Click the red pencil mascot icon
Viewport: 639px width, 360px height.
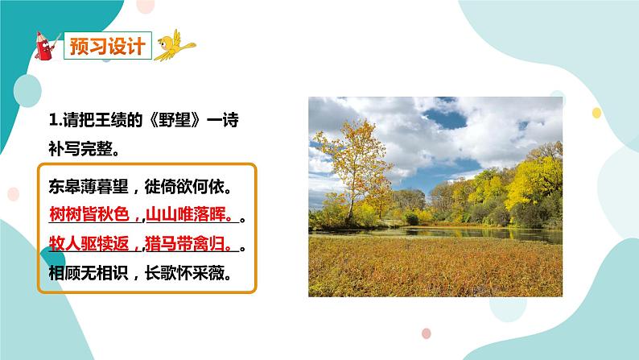pyautogui.click(x=47, y=46)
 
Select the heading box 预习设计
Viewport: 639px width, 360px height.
pyautogui.click(x=105, y=45)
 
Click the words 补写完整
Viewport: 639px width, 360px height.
pyautogui.click(x=80, y=149)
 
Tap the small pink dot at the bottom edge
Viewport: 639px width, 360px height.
pyautogui.click(x=427, y=333)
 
